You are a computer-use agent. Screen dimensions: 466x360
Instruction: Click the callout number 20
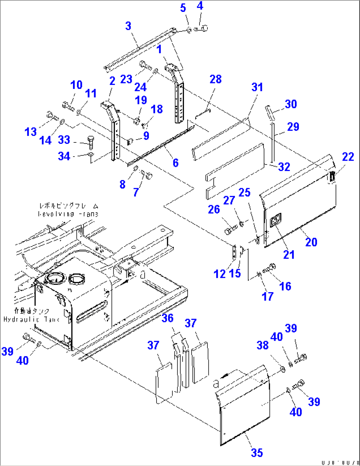coord(311,242)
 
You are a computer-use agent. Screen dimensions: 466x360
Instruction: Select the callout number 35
coord(257,452)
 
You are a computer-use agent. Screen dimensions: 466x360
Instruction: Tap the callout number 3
coord(128,26)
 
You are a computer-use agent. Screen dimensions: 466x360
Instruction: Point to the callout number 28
coord(215,79)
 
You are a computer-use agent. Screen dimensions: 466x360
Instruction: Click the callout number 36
coord(167,318)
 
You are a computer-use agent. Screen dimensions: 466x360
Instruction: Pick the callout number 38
coord(263,345)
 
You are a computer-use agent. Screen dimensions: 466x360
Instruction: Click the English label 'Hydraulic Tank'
coord(31,320)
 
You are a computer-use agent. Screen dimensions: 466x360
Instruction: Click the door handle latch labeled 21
coord(275,220)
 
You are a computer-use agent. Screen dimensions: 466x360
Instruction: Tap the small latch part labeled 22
coord(332,176)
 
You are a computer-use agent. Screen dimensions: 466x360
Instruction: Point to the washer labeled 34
coord(90,155)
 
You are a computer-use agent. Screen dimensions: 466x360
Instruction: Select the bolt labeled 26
coord(230,229)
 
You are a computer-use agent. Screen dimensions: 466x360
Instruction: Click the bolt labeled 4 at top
coord(201,29)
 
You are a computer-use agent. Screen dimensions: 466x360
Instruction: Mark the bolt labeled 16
coord(269,269)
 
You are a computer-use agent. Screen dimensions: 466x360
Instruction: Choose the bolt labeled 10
coord(68,106)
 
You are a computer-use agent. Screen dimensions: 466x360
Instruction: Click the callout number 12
coord(219,274)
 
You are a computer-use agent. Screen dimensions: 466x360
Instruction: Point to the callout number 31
coord(257,87)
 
